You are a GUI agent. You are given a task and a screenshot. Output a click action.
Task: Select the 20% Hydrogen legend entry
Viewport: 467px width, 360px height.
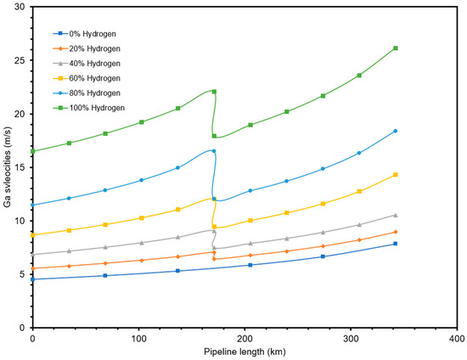pos(93,48)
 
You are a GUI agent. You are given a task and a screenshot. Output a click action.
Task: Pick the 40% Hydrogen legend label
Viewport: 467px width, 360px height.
pos(93,64)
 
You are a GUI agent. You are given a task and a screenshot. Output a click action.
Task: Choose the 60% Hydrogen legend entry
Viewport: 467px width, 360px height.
pos(93,78)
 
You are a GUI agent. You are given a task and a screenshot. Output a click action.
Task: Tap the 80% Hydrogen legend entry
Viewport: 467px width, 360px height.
pos(93,93)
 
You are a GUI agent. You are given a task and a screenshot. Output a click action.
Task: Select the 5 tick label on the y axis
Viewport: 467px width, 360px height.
pos(24,273)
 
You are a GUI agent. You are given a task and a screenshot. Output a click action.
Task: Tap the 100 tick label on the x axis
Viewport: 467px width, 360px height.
pos(138,338)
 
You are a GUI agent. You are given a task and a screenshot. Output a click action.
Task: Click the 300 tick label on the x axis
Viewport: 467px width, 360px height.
pos(351,338)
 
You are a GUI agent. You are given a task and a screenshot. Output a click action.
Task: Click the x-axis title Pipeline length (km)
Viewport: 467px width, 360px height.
pos(245,352)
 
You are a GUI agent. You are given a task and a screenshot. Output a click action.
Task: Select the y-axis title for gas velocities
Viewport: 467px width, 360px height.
pos(8,167)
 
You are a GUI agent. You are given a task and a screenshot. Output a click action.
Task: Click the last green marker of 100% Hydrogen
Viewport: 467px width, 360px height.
pos(396,48)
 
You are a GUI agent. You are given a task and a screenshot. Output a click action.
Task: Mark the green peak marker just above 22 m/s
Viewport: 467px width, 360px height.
pos(214,92)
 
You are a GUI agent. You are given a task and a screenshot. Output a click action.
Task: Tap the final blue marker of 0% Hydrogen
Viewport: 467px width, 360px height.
pos(396,244)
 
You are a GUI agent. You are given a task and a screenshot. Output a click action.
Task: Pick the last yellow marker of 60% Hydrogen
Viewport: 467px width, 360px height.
pos(396,175)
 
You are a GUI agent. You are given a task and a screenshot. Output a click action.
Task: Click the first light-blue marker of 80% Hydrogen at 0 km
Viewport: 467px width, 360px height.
pos(32,205)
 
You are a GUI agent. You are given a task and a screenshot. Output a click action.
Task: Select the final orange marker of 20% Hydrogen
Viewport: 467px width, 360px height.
pos(396,232)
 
